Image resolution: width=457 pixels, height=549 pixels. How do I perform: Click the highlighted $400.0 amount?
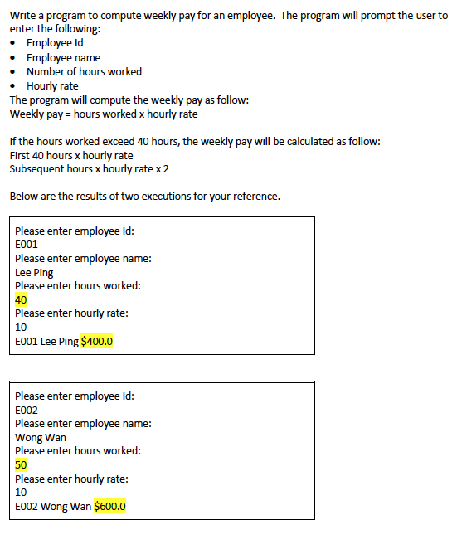coord(97,341)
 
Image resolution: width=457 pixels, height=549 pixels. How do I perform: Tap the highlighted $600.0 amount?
coord(110,506)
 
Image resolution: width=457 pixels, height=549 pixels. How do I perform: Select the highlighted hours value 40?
coord(21,299)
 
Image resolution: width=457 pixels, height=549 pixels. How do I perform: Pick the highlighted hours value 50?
coord(21,464)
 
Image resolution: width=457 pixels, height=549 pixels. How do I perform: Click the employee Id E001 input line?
coord(27,245)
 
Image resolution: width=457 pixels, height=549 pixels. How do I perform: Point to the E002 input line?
coord(27,410)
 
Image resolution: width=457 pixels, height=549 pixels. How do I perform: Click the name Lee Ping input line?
coord(34,272)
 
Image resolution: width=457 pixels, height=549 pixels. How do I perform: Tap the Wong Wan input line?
coord(41,437)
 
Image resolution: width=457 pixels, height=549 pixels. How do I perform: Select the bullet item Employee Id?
coord(55,43)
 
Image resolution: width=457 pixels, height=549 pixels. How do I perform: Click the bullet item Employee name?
coord(63,57)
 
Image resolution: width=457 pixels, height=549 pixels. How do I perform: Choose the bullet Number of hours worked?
coord(84,71)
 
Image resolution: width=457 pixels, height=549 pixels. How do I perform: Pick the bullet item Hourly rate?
coord(52,85)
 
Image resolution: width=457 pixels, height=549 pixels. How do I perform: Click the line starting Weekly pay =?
coord(104,114)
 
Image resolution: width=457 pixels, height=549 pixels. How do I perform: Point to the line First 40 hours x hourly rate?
coord(70,155)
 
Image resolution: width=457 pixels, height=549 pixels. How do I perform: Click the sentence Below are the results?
coord(144,197)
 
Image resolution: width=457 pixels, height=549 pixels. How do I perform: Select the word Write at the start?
coord(23,16)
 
